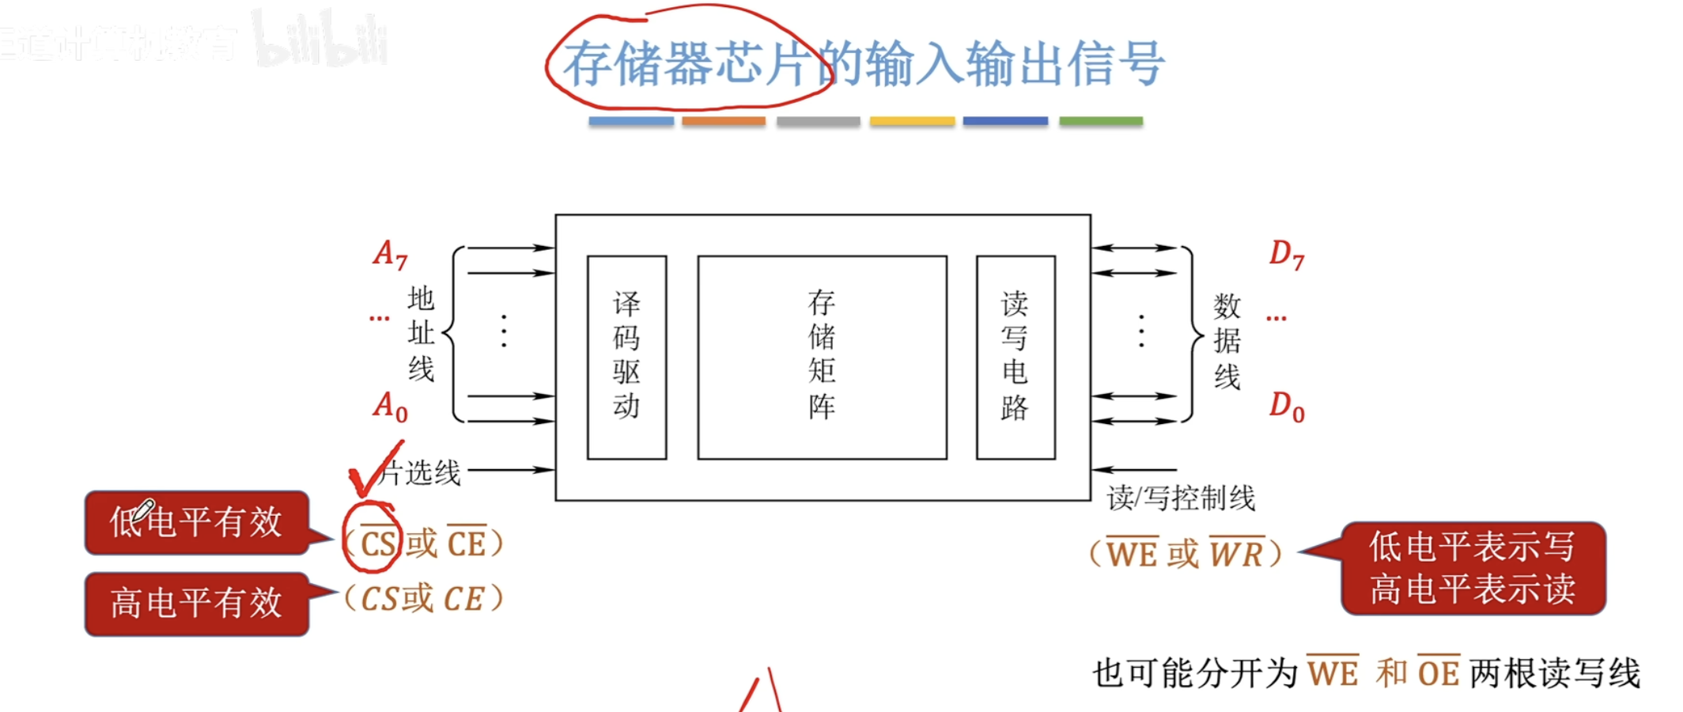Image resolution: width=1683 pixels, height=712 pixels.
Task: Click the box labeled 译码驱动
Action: click(626, 357)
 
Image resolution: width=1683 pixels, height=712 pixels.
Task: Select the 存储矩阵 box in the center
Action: click(822, 357)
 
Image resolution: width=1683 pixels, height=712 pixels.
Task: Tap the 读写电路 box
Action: click(1015, 357)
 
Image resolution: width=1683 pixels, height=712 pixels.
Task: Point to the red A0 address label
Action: click(390, 407)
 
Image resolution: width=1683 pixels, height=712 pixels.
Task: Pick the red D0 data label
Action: click(1287, 407)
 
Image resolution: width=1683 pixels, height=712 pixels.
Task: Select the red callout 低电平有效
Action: click(196, 523)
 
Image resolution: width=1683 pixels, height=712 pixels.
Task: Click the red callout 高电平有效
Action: click(196, 604)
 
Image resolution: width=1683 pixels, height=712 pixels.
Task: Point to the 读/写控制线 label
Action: click(1181, 498)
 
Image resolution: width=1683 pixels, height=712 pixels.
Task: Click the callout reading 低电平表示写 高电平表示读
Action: click(1473, 568)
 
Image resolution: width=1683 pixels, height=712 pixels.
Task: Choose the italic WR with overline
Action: click(1235, 553)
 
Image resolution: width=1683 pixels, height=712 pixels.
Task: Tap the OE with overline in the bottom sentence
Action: click(1438, 672)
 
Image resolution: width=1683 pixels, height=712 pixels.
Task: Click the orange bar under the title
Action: click(724, 121)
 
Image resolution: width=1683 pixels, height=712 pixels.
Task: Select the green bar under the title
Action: click(1100, 121)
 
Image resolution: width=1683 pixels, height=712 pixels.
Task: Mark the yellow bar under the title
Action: click(912, 121)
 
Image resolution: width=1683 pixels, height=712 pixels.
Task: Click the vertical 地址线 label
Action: click(421, 334)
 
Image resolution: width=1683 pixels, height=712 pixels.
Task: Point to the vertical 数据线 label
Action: click(1227, 341)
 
